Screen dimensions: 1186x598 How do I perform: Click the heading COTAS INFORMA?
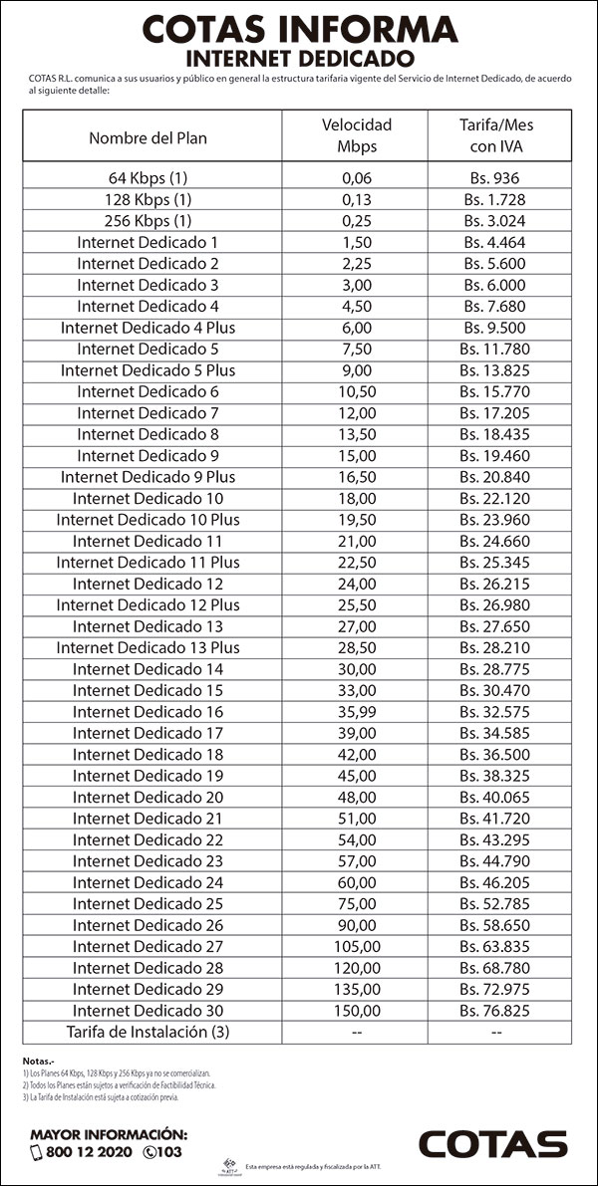coord(299,29)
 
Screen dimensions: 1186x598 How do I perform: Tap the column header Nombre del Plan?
coord(149,137)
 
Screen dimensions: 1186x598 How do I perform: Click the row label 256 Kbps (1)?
coord(149,221)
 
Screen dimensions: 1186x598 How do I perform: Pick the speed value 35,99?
coord(356,712)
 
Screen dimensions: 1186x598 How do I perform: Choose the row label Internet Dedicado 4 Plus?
coord(149,328)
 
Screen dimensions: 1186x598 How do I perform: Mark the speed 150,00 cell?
coord(356,1011)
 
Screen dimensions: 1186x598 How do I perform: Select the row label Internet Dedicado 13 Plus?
coord(149,647)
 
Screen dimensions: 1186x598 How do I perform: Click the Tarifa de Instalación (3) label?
coord(149,1032)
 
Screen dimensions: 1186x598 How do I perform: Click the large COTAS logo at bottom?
coord(492,1143)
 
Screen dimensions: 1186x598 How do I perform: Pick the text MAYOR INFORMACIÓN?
coord(109,1134)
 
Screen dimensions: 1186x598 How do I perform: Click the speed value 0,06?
coord(356,178)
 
